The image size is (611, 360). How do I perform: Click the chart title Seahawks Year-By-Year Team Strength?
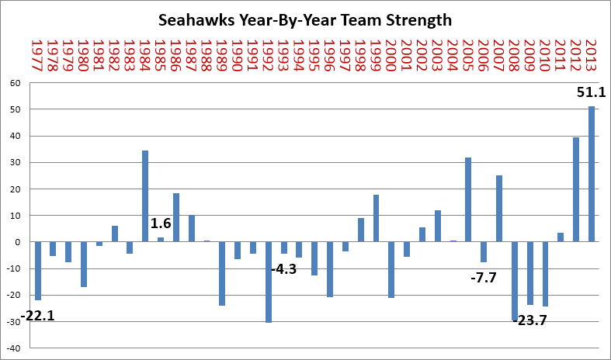(305, 20)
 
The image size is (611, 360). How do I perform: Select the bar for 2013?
(592, 174)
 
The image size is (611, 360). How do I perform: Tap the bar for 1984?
(145, 196)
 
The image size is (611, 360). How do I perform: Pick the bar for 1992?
(269, 282)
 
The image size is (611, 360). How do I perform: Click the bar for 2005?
(468, 200)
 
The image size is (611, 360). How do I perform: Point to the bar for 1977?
(38, 272)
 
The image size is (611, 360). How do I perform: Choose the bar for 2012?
(576, 190)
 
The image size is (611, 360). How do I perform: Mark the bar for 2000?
(391, 269)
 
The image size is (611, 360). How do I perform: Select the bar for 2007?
(499, 209)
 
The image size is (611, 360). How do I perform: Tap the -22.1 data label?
(37, 316)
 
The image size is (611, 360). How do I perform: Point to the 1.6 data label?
(161, 223)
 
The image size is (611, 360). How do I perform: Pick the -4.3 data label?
(283, 269)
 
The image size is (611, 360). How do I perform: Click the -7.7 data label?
(484, 279)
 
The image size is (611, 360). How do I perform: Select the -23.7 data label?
(529, 320)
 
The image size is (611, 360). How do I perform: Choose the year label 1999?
(376, 55)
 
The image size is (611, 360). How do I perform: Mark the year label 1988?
(207, 55)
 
